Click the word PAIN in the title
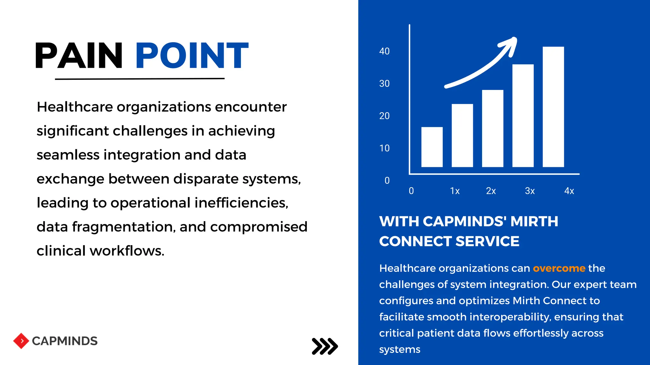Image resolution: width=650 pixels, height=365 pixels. [x=79, y=56]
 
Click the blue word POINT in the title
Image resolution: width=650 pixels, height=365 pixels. [x=192, y=56]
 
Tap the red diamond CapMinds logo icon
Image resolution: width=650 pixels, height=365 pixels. [x=21, y=341]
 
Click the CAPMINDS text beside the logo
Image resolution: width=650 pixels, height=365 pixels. [x=65, y=341]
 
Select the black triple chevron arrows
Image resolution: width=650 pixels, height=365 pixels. [x=325, y=346]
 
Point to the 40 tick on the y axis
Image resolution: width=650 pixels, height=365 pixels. [x=384, y=51]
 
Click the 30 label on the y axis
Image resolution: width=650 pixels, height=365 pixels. [x=384, y=84]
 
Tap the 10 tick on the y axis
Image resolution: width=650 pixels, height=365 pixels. [x=384, y=148]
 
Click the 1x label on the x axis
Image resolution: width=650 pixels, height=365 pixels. [x=455, y=191]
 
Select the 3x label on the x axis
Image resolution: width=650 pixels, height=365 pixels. [x=530, y=191]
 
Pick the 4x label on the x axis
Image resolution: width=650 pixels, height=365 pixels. [x=569, y=191]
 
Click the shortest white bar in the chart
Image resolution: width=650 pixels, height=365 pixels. [x=432, y=147]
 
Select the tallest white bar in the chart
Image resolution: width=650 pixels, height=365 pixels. [x=553, y=107]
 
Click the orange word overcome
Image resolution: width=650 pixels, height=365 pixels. [x=559, y=268]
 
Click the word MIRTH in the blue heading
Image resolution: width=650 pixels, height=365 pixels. [x=534, y=221]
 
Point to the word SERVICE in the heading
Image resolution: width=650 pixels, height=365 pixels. [x=487, y=241]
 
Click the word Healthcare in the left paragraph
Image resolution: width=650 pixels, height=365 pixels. [x=75, y=107]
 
